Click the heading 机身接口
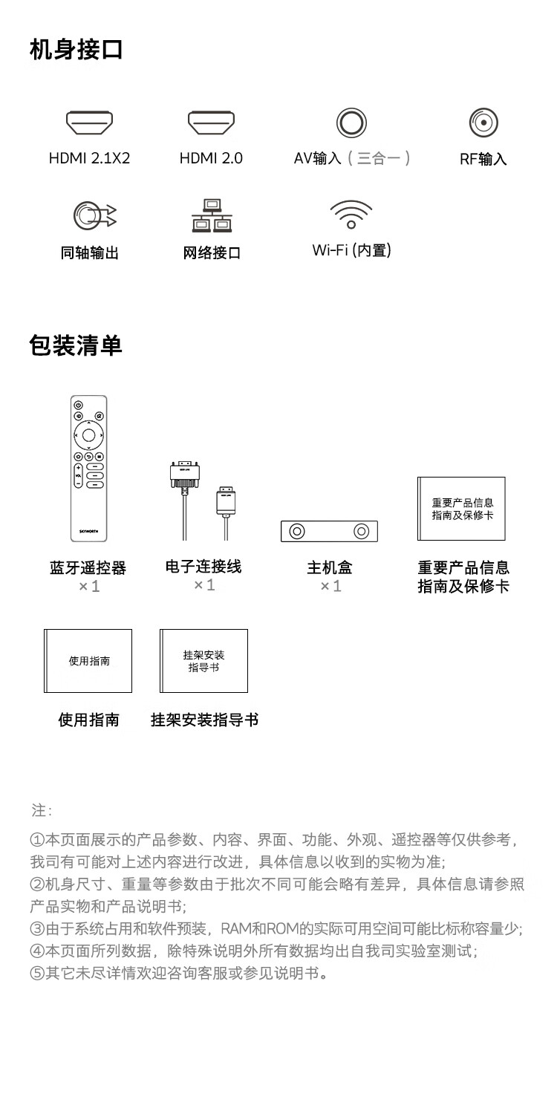pyautogui.click(x=76, y=50)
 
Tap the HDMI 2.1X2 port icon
pyautogui.click(x=90, y=123)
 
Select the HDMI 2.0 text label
pyautogui.click(x=211, y=158)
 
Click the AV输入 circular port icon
pyautogui.click(x=351, y=123)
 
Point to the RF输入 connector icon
pyautogui.click(x=483, y=123)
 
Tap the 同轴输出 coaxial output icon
pyautogui.click(x=94, y=215)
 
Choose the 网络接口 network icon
pyautogui.click(x=212, y=215)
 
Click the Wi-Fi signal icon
pyautogui.click(x=351, y=214)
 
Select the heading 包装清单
pyautogui.click(x=76, y=345)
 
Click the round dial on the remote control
pyautogui.click(x=88, y=435)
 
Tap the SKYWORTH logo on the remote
pyautogui.click(x=88, y=531)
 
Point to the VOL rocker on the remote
pyautogui.click(x=78, y=476)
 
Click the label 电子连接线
pyautogui.click(x=203, y=567)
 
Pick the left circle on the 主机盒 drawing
pyautogui.click(x=297, y=532)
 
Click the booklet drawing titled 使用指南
pyautogui.click(x=88, y=661)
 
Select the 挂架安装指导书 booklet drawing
pyautogui.click(x=203, y=661)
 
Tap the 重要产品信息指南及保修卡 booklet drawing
pyautogui.click(x=461, y=509)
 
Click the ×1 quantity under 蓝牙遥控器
pyautogui.click(x=89, y=586)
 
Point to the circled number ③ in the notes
pyautogui.click(x=37, y=928)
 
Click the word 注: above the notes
pyautogui.click(x=42, y=811)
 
